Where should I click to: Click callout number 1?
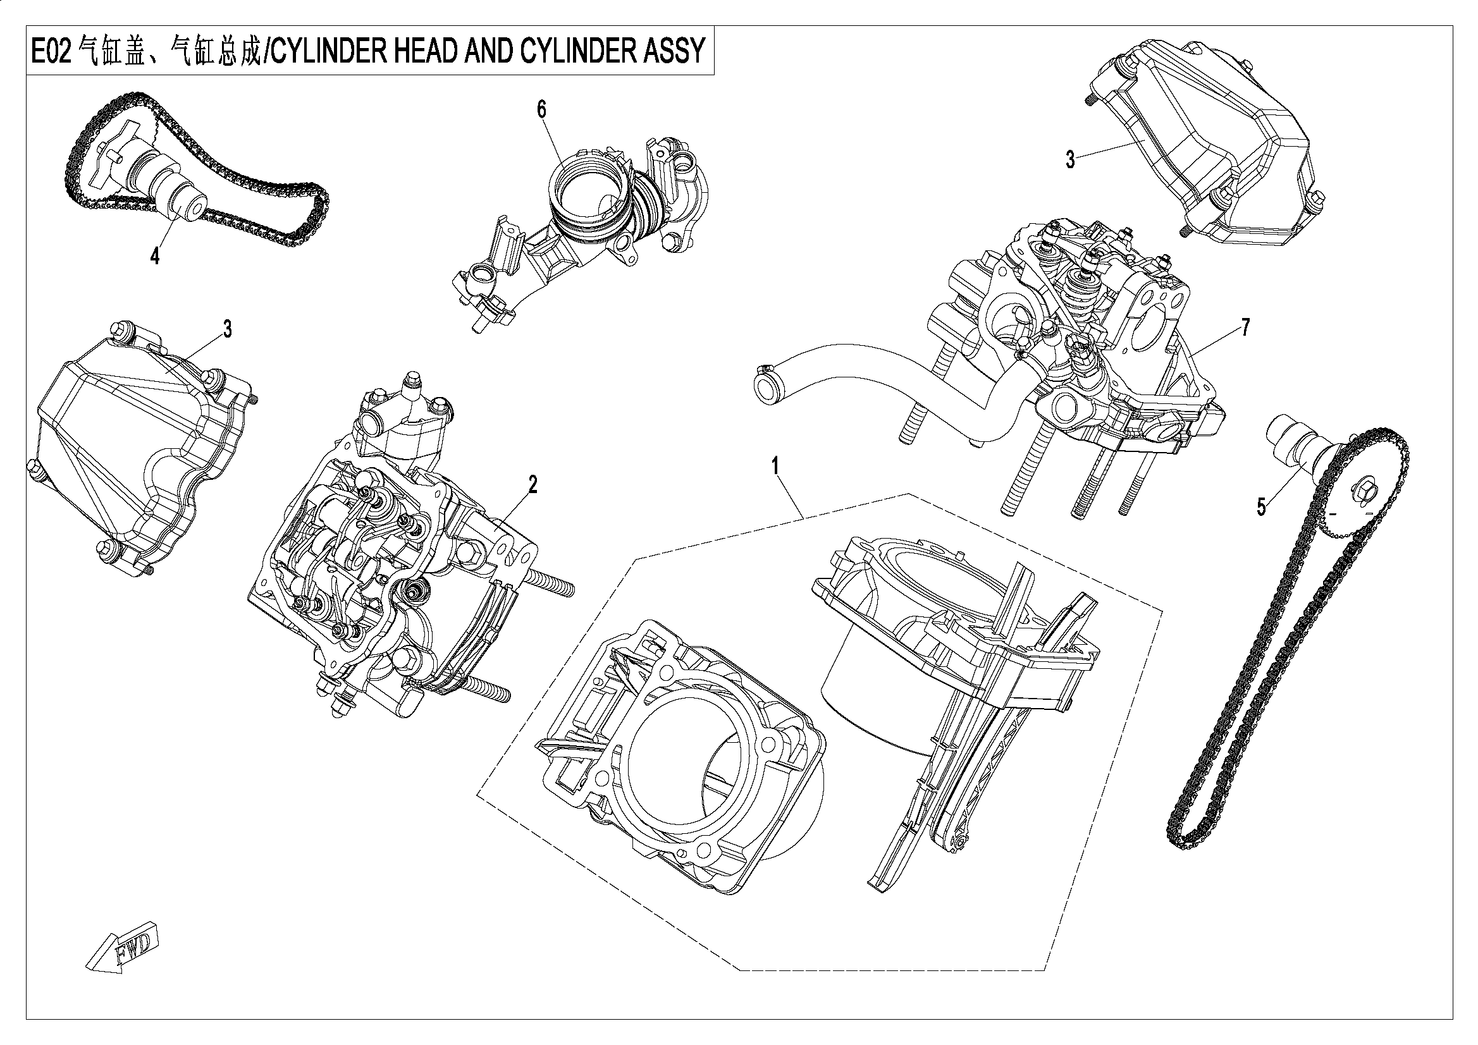776,465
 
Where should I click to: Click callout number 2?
533,484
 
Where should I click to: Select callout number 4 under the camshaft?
154,257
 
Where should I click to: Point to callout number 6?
541,110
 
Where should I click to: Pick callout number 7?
1245,327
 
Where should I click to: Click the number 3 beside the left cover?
227,329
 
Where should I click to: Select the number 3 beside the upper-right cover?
1070,159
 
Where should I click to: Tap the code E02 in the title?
51,51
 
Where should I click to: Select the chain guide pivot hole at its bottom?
961,843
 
